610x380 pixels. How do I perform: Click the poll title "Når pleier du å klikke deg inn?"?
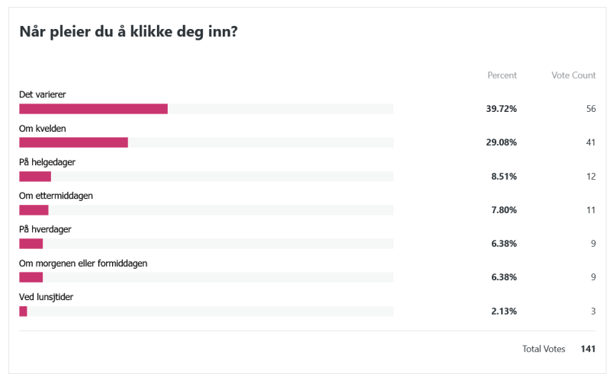coord(127,33)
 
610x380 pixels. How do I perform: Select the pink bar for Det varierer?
coord(93,109)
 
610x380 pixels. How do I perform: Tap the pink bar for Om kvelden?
coord(73,142)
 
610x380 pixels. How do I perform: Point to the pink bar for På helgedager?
coord(35,177)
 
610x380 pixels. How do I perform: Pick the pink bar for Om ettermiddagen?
coord(34,210)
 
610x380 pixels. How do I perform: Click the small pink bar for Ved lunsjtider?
coord(23,311)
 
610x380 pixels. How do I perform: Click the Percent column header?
coord(502,75)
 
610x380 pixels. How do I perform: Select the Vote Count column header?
coord(573,75)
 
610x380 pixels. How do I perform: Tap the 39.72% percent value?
coord(501,109)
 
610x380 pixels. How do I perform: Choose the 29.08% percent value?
coord(501,142)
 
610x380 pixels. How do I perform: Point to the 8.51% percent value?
coord(503,177)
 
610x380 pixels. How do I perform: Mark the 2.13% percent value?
coord(503,311)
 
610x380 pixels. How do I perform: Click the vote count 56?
coord(590,109)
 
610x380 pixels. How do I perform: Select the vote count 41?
coord(590,142)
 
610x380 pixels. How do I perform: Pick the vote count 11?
coord(590,210)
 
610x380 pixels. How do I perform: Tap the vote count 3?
coord(592,311)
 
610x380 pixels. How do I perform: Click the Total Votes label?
coord(544,349)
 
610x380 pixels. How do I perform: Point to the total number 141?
coord(588,349)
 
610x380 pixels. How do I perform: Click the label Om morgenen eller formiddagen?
coord(83,263)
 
